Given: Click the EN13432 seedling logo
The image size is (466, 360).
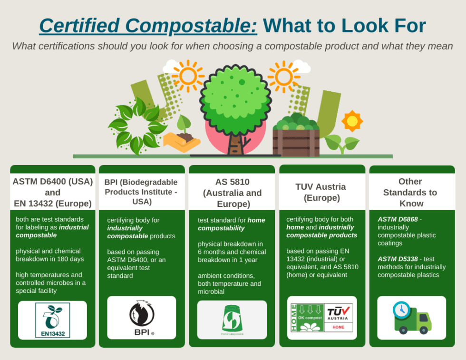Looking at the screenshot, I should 52,320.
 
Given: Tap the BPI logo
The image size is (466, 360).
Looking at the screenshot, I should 142,318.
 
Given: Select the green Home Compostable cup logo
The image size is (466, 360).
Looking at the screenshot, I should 232,319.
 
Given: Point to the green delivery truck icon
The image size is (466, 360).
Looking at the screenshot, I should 412,320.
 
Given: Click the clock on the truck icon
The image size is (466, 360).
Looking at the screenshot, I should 401,310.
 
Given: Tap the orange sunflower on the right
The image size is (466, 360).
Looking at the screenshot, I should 352,121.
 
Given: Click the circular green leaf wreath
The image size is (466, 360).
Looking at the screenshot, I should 137,125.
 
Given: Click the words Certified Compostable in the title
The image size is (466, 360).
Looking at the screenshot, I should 148,26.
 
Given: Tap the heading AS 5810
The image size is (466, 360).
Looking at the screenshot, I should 232,182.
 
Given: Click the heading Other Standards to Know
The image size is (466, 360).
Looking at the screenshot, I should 410,192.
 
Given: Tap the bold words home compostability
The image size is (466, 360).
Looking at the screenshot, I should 232,224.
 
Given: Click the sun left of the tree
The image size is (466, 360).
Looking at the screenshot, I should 188,76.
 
